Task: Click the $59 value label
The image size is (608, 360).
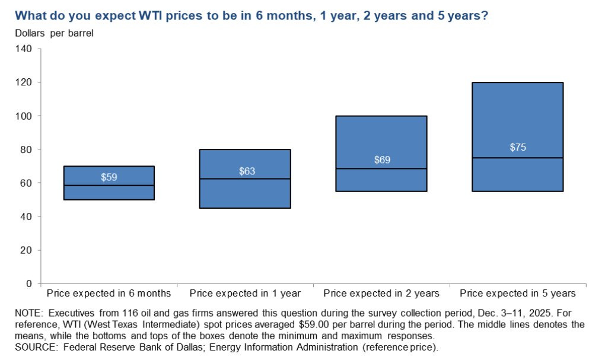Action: [109, 177]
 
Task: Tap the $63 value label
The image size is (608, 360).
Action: [245, 171]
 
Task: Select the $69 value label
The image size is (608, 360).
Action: [381, 160]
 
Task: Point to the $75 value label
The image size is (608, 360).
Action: [518, 148]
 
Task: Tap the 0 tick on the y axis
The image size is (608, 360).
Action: [29, 283]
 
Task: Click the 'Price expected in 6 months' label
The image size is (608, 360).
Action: [109, 294]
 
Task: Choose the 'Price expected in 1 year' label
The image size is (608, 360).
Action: [245, 294]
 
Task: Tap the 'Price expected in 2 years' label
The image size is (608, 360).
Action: [381, 294]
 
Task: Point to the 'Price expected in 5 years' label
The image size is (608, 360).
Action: [518, 294]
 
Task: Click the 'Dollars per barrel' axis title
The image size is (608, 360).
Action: [54, 33]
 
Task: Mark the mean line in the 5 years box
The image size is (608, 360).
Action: [518, 158]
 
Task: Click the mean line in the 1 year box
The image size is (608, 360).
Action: [245, 179]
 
